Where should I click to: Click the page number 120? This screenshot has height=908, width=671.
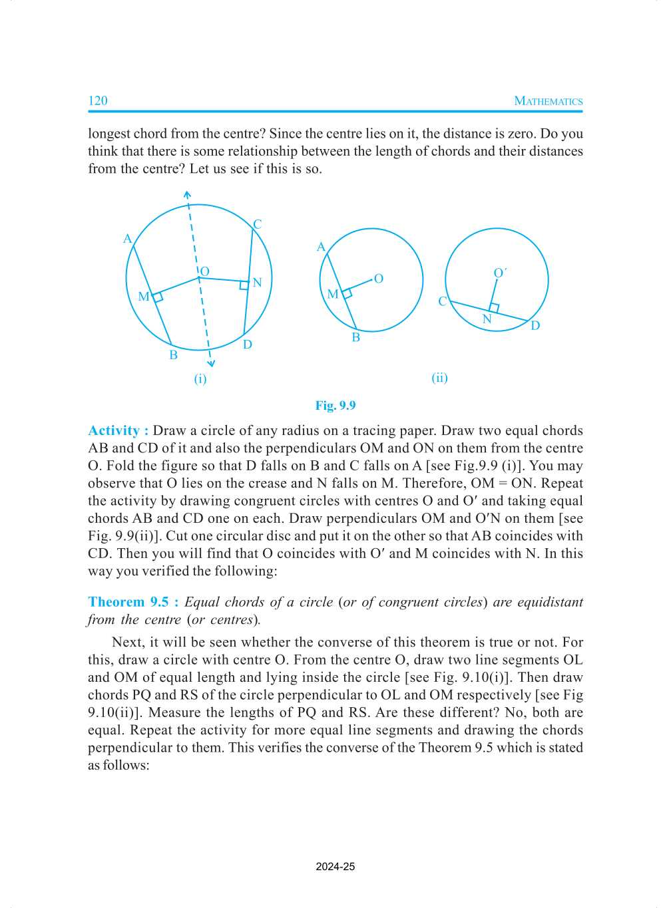pyautogui.click(x=98, y=100)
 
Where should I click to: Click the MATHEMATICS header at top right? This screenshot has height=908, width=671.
pyautogui.click(x=548, y=101)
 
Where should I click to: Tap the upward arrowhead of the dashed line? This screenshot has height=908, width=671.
pyautogui.click(x=187, y=195)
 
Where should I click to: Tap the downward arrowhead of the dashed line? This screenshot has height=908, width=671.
pyautogui.click(x=211, y=363)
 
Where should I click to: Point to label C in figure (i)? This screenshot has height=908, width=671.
pyautogui.click(x=258, y=224)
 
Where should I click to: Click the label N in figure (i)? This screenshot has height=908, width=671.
pyautogui.click(x=258, y=283)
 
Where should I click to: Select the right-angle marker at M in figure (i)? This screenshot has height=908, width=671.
pyautogui.click(x=158, y=297)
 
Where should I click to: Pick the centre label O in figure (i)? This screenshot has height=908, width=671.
pyautogui.click(x=205, y=271)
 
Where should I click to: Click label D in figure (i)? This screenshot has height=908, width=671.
pyautogui.click(x=248, y=345)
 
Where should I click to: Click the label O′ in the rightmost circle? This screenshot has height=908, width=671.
pyautogui.click(x=500, y=273)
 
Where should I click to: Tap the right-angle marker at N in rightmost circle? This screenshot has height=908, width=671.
pyautogui.click(x=494, y=307)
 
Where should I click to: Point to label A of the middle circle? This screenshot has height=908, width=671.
pyautogui.click(x=321, y=247)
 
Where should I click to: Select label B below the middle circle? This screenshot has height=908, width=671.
pyautogui.click(x=356, y=337)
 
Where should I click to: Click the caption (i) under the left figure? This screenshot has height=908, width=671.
pyautogui.click(x=200, y=379)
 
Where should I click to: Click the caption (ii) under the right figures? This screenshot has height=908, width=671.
pyautogui.click(x=439, y=378)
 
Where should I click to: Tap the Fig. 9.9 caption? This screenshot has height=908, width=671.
pyautogui.click(x=335, y=405)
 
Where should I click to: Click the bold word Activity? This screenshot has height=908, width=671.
pyautogui.click(x=114, y=430)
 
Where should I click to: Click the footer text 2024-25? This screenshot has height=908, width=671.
pyautogui.click(x=335, y=867)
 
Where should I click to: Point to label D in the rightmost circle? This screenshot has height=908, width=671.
pyautogui.click(x=535, y=325)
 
